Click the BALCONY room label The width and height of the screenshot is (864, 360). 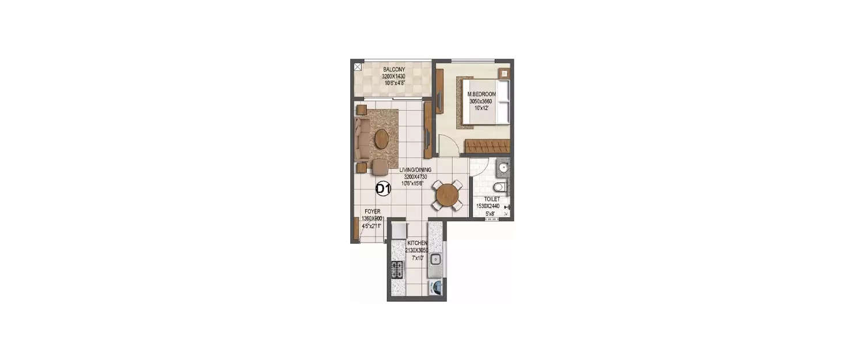tap(394, 70)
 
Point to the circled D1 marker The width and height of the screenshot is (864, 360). tap(384, 188)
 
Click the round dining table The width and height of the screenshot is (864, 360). tap(447, 196)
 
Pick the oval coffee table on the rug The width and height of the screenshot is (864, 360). tap(381, 139)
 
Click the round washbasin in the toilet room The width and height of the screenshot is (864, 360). tap(502, 169)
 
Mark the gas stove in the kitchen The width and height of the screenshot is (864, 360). tap(397, 268)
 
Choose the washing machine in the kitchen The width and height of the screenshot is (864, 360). tap(435, 286)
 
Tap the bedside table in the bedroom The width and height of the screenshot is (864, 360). tap(504, 73)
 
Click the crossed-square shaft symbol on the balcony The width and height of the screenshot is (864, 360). tap(358, 67)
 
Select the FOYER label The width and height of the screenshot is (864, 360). tap(372, 211)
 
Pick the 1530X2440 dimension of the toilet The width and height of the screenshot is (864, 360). tap(488, 206)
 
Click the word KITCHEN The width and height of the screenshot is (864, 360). tap(418, 244)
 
